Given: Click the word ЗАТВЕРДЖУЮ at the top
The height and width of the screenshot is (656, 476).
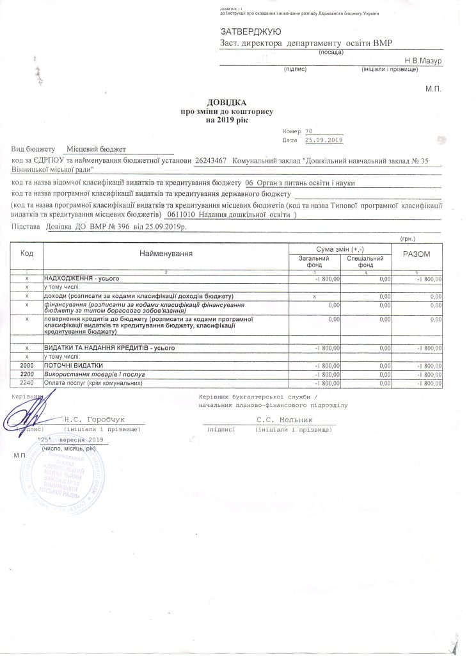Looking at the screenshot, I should [250, 31].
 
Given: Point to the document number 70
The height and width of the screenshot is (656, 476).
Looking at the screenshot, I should [310, 131].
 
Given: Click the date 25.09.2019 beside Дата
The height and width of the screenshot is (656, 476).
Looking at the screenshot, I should [324, 140].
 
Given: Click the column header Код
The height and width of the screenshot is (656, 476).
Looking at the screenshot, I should [27, 254].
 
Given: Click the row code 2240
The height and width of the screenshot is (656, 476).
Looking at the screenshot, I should [27, 383].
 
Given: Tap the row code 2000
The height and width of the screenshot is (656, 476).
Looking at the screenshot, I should [27, 365].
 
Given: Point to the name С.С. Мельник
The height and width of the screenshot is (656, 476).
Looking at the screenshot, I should [284, 420].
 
